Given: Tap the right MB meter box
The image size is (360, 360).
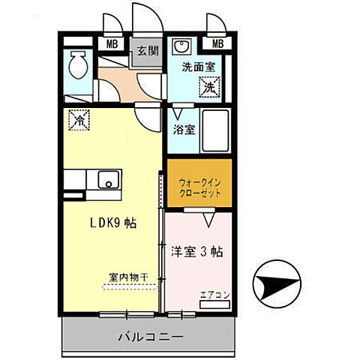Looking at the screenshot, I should [218, 44].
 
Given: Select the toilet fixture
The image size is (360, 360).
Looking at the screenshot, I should [76, 67].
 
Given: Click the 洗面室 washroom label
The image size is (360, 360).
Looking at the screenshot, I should [198, 66].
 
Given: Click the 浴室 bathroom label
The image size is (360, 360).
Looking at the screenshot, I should [184, 129].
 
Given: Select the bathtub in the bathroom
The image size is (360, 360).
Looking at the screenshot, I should [217, 131].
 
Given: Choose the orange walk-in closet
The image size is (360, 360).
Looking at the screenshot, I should [198, 184].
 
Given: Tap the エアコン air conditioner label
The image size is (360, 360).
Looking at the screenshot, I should [214, 295].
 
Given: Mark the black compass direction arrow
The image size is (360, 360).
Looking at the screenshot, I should [277, 286].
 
